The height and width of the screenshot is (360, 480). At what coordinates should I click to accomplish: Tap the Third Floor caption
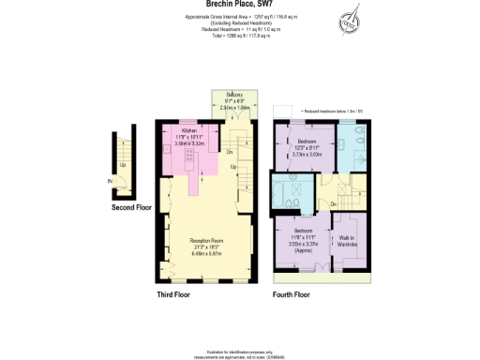tap(175, 295)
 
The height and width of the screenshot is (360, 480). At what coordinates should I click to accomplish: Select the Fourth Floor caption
tap(292, 295)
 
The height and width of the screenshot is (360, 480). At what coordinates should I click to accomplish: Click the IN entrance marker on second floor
tap(110, 180)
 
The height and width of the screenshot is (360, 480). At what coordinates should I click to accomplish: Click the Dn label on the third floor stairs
tap(230, 152)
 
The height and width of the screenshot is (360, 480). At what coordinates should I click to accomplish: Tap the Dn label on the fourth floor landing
tap(333, 204)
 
